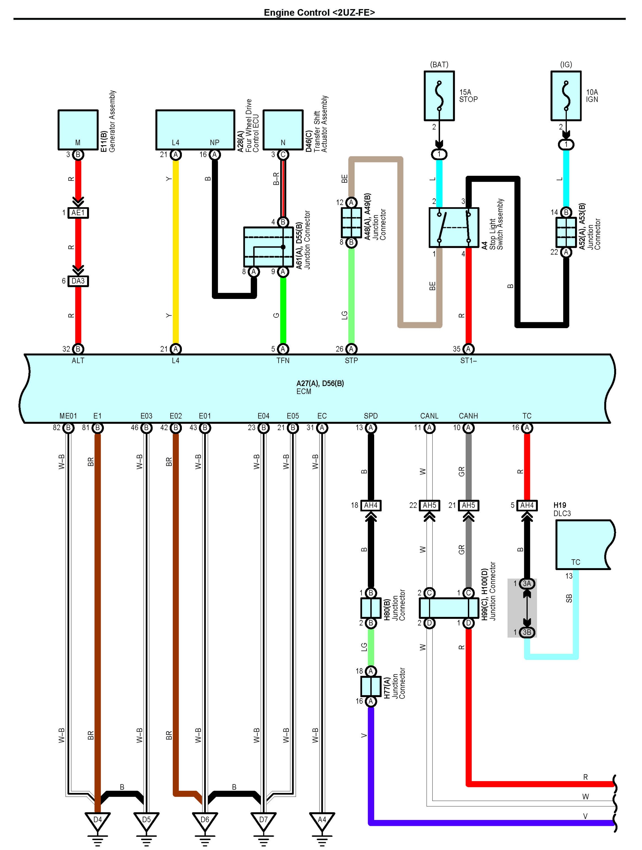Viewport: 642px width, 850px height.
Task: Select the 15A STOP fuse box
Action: (439, 96)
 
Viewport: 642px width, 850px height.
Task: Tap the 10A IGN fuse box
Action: (566, 96)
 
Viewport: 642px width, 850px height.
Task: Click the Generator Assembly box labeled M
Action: (78, 130)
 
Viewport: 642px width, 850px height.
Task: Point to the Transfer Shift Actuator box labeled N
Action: (283, 130)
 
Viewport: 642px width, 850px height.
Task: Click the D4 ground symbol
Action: (98, 821)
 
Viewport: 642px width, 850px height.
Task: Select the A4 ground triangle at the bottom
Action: (322, 821)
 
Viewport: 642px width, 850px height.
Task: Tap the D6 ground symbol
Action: (205, 821)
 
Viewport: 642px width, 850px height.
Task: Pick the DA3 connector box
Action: (78, 281)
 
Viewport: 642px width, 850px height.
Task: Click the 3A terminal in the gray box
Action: (527, 583)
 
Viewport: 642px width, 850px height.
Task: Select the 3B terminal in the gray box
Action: (527, 632)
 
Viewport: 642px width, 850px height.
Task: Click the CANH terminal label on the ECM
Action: (468, 416)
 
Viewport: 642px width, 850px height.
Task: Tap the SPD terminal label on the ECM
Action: (371, 416)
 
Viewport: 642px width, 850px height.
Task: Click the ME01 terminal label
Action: (68, 416)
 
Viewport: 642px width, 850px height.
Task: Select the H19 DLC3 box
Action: (585, 545)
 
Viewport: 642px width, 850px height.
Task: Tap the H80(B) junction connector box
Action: (371, 608)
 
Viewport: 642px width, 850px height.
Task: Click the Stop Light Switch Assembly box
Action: (454, 227)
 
